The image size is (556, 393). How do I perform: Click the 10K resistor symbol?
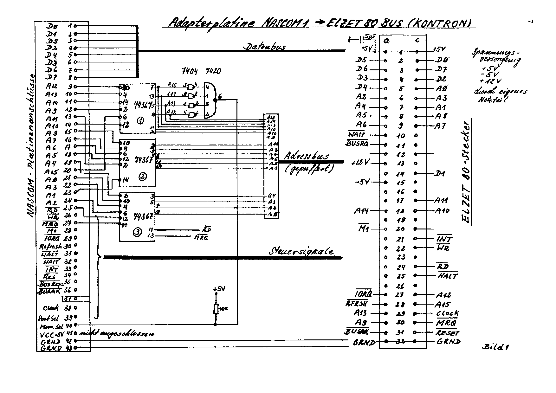tap(216, 309)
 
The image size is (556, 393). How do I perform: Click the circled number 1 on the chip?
tap(140, 121)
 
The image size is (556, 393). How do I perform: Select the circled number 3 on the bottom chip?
tap(137, 232)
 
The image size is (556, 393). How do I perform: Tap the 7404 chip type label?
tap(190, 72)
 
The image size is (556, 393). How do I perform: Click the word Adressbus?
tap(306, 156)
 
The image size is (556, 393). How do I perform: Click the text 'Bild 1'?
tap(497, 347)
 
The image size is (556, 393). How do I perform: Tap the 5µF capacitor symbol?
tap(361, 40)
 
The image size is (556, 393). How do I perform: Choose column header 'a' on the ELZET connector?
tap(386, 41)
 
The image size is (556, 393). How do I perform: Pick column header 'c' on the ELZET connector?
tap(417, 40)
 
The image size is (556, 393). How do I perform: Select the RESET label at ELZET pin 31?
tap(447, 333)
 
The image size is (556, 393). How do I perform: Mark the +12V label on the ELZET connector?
tap(360, 163)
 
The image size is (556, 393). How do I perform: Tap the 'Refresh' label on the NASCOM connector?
tap(50, 246)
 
